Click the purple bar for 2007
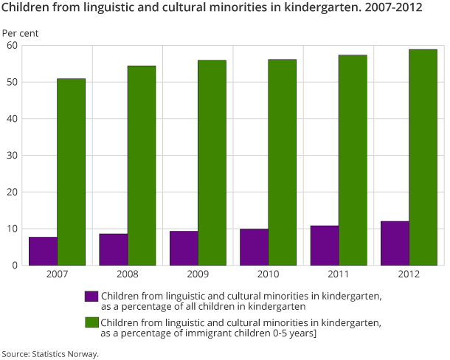pos(43,251)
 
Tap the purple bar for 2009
pos(184,248)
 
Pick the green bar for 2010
pos(283,162)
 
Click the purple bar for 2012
pos(395,243)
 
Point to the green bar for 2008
pos(142,165)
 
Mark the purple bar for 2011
pos(325,245)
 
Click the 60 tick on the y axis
pos(12,45)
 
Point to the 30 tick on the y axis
pos(12,155)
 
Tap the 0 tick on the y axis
pos(15,265)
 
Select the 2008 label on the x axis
pos(128,274)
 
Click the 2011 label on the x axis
pos(339,274)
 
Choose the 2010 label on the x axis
pos(269,274)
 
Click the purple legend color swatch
pos(91,296)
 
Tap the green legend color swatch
pos(91,322)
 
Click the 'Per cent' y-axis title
pos(20,33)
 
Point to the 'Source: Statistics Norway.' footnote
pos(49,353)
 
